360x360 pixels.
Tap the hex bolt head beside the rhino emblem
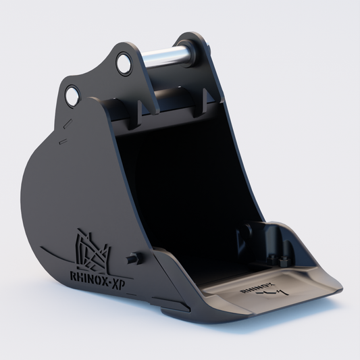[132, 259]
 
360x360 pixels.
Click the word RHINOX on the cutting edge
[252, 288]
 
